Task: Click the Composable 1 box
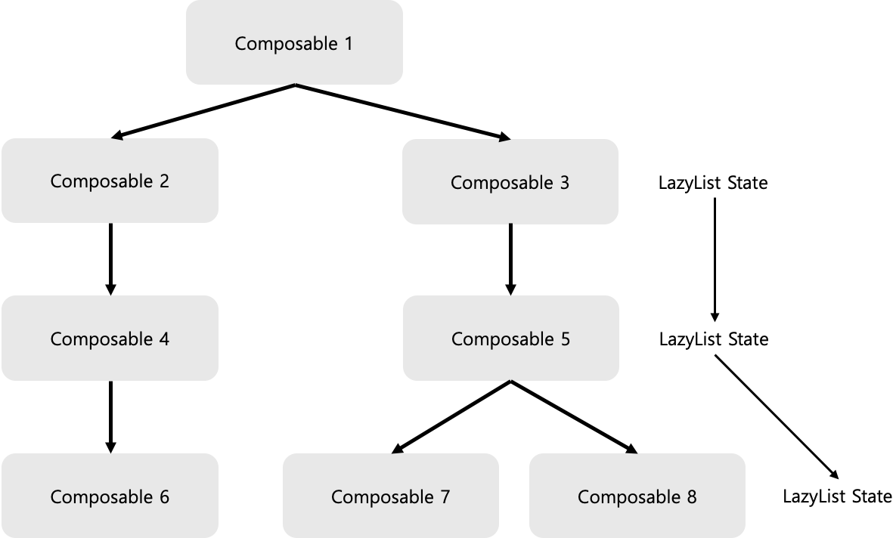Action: (x=294, y=42)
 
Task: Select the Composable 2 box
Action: (x=110, y=181)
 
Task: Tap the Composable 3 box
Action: (x=510, y=182)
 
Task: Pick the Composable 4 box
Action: (x=110, y=339)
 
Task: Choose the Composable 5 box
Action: (x=510, y=339)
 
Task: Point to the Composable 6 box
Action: (x=110, y=496)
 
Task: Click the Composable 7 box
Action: (x=390, y=496)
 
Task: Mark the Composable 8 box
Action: (x=637, y=496)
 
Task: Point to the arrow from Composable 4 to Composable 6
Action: (x=110, y=416)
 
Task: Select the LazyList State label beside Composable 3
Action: (x=713, y=182)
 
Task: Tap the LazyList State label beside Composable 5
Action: (x=713, y=339)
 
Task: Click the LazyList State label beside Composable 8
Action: (x=837, y=496)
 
